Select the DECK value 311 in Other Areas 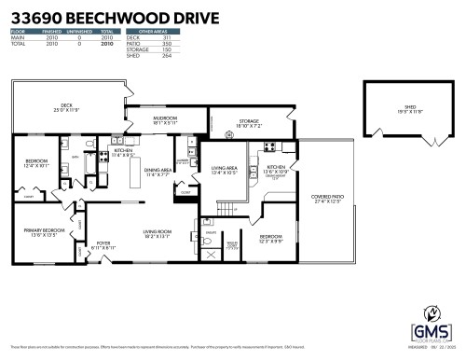click(167, 38)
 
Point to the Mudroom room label click(166, 120)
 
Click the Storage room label click(248, 122)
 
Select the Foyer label click(105, 246)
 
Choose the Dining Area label click(157, 172)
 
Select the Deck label click(66, 107)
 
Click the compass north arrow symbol click(432, 313)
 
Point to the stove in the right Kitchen click(267, 147)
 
